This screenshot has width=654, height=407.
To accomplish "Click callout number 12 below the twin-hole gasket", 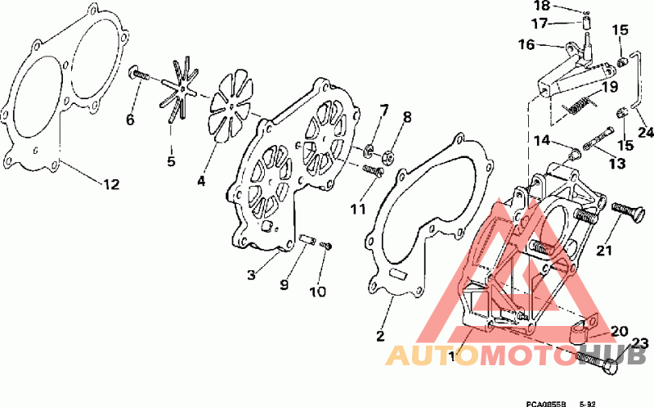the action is tap(111, 184).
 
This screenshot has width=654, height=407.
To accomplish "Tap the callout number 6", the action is tap(130, 120).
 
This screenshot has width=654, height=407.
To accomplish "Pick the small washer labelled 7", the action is tap(369, 151).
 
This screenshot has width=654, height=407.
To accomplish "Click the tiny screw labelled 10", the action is tap(326, 246).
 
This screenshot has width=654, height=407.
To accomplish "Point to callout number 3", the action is tap(251, 275).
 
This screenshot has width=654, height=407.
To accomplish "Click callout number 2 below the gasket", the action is tap(380, 336).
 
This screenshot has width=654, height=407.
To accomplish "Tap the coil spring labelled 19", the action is tap(579, 105).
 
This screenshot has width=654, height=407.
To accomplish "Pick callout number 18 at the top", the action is tap(542, 6).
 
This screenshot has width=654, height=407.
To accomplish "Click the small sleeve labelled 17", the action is tap(587, 23).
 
